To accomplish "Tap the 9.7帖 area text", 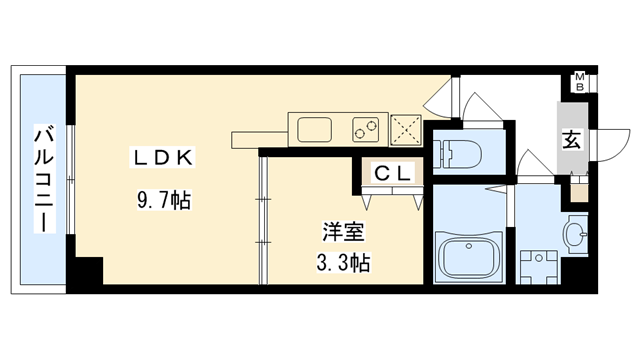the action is tap(164, 200).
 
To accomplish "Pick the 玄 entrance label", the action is tap(570, 140).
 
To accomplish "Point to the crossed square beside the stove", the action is tap(405, 128).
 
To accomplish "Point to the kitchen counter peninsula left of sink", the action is tap(259, 136).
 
